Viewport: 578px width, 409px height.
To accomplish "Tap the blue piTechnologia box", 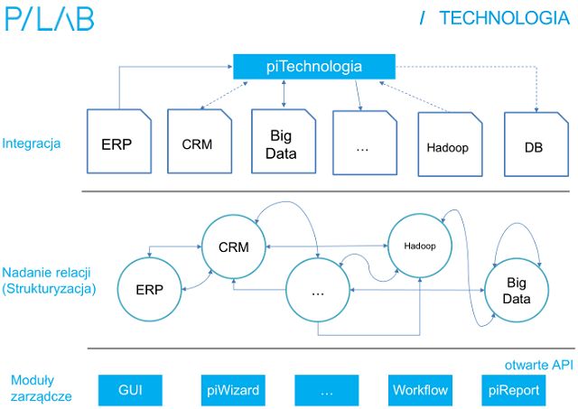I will tap(314, 66).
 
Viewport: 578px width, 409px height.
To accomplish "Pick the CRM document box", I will tap(197, 143).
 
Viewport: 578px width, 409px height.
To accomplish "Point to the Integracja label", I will tap(32, 143).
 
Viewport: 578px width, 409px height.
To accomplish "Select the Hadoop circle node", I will tap(419, 246).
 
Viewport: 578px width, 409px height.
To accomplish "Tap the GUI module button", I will tap(130, 391).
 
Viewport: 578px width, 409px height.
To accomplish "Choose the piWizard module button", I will tap(230, 391).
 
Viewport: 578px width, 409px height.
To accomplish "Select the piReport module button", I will tap(514, 391).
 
